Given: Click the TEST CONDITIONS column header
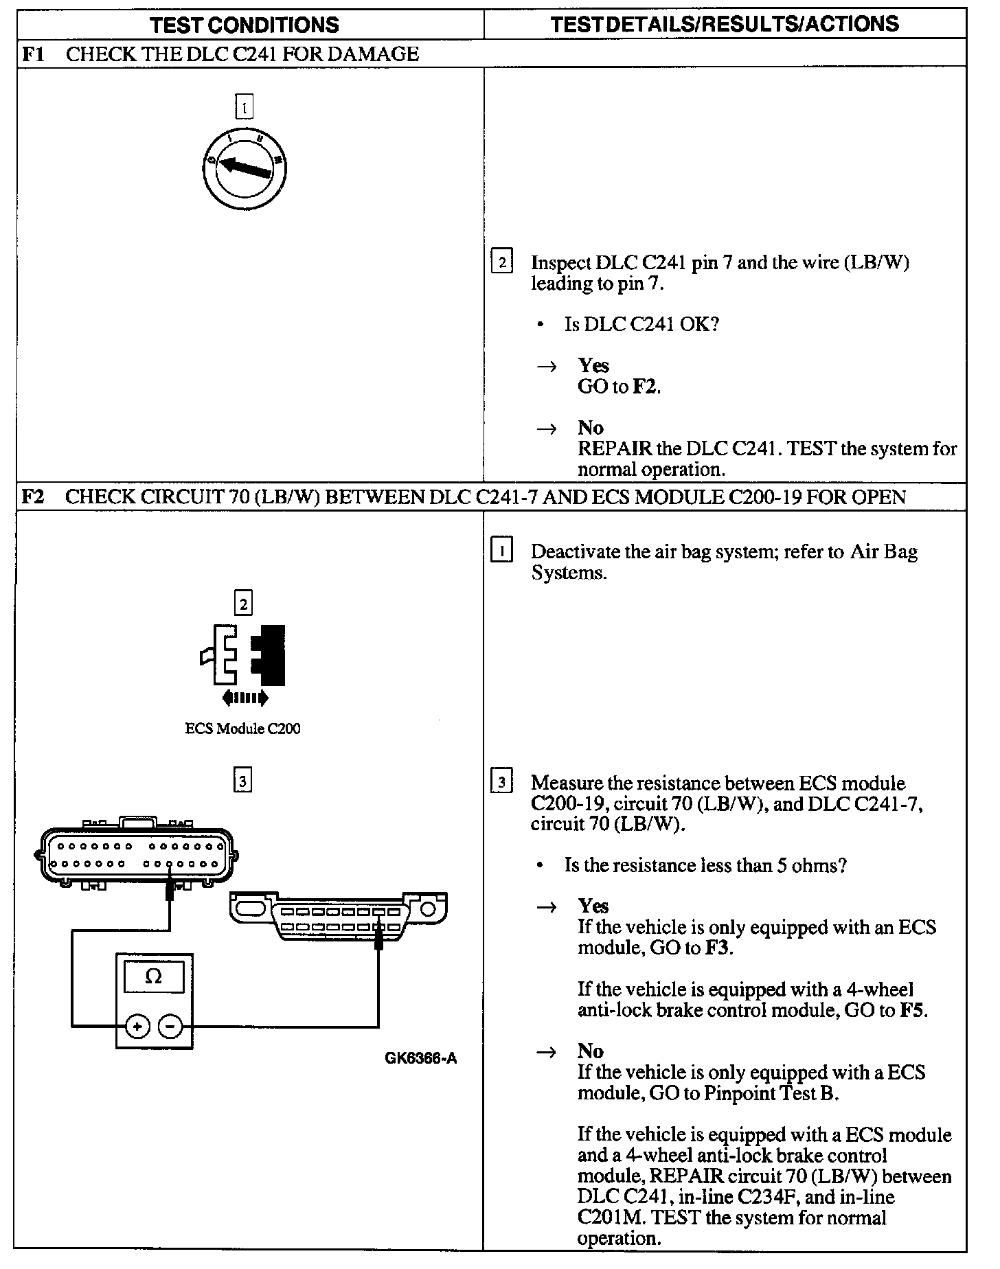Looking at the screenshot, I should (245, 25).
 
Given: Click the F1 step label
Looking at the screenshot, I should (34, 54).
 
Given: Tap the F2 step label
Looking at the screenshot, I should (34, 496).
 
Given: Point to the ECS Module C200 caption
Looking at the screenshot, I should (243, 729).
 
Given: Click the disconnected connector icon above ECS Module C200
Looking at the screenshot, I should (245, 655).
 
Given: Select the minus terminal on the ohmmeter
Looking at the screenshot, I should (170, 1027).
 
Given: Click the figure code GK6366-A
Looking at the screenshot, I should (421, 1058).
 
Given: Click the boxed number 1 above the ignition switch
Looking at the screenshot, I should (244, 108).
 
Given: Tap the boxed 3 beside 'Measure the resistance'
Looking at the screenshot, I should (502, 783).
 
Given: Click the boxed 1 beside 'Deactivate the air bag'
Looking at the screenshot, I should (502, 551).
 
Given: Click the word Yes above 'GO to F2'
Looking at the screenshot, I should (593, 365).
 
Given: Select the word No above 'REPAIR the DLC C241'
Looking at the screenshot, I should (590, 428).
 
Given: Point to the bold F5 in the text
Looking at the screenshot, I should (913, 1010).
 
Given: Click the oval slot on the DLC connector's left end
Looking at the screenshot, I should (251, 909).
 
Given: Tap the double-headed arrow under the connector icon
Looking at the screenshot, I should (245, 698).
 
